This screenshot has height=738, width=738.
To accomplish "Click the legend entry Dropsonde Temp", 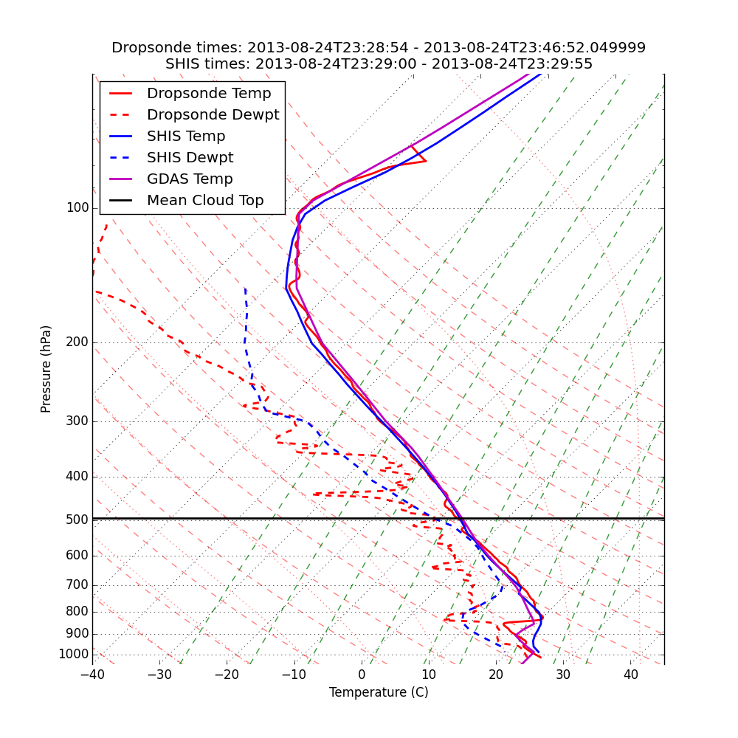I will coord(209,94).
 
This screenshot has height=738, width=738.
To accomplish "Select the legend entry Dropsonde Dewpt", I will coord(213,115).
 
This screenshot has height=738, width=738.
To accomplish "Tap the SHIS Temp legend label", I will coord(186,137).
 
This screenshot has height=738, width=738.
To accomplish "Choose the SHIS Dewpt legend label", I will coord(190,158).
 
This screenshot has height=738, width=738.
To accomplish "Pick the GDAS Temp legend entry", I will coord(190,179).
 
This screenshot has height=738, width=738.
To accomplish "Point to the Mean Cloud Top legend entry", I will coord(205,201).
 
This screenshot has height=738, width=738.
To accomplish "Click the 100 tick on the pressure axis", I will coord(77,208).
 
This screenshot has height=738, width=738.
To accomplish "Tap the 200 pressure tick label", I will coord(77,342).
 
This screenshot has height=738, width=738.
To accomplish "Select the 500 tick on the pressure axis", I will coord(77,520).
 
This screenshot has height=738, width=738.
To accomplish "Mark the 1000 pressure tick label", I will coord(74,655).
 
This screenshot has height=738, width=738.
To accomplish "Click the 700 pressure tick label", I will coord(77,585).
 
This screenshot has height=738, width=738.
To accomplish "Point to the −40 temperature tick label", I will coord(92,675).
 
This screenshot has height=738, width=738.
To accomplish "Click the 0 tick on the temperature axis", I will coord(362,675).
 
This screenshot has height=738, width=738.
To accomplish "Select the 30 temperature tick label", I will coord(563,675).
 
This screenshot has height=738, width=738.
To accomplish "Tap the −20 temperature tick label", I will coord(227,675).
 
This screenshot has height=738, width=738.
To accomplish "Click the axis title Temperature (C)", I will coord(379,693).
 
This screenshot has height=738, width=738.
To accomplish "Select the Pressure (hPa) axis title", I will coord(46,369).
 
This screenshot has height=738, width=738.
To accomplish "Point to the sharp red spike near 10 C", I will coord(425,161).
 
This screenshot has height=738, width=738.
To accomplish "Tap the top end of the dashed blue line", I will coord(245,289).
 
